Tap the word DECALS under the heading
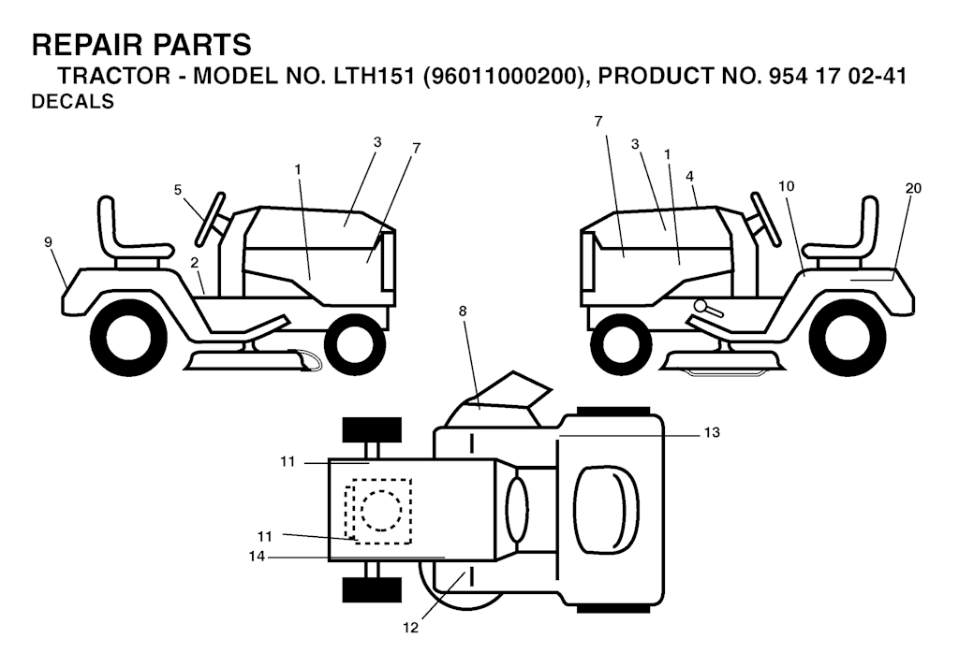72,101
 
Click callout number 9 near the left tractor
49,242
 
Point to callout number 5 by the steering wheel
178,190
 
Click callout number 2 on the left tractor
195,263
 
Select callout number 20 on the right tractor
912,189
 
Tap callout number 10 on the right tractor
787,185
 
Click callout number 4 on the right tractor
690,176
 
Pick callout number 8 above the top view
463,312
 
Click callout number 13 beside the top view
712,432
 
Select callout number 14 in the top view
257,557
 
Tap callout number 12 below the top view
411,628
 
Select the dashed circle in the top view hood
382,511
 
